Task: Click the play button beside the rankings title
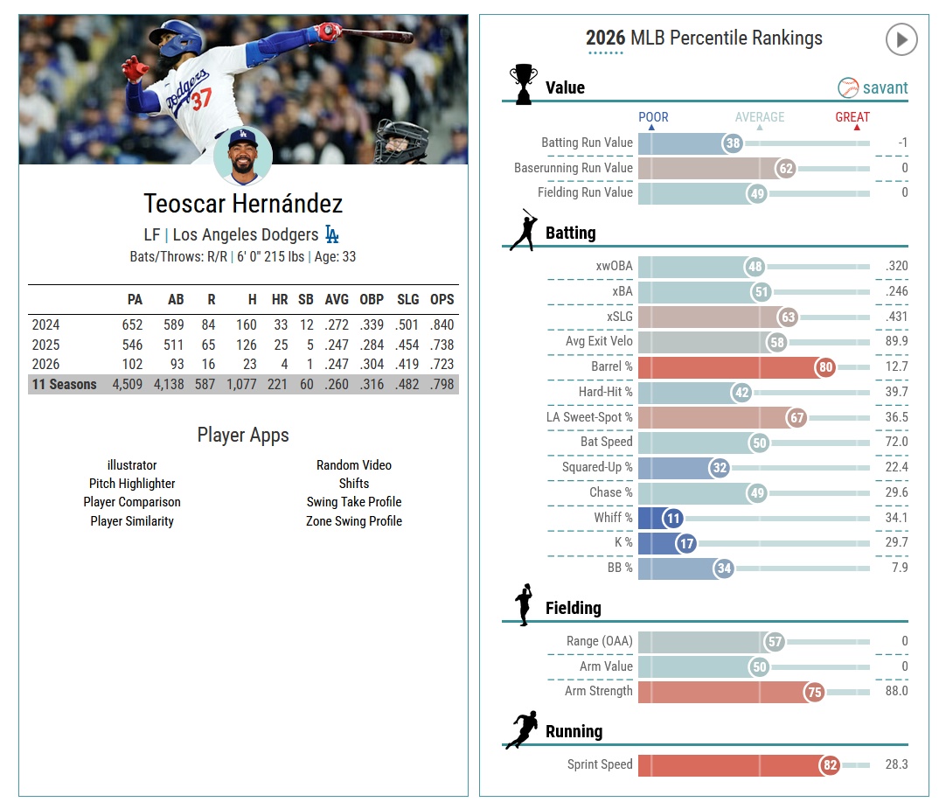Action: (x=901, y=39)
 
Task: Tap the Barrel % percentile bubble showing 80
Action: (x=824, y=367)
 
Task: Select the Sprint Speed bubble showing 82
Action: (x=830, y=766)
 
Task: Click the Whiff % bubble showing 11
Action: (x=672, y=519)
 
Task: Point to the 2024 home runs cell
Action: (x=280, y=324)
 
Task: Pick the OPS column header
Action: (x=442, y=299)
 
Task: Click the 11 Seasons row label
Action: (x=65, y=385)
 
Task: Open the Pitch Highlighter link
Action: (x=132, y=484)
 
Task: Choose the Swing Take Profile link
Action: (x=354, y=502)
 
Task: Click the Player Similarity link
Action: (x=132, y=521)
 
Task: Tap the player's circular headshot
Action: (x=243, y=157)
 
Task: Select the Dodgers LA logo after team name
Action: (x=332, y=234)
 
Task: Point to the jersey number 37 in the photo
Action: (x=202, y=100)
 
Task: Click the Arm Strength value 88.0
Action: (x=896, y=691)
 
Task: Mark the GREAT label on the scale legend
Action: (x=852, y=117)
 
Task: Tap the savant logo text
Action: (x=885, y=87)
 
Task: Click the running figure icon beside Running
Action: (x=522, y=730)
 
